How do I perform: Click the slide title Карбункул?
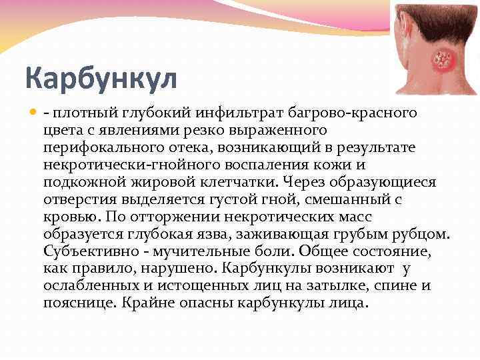pos(101,78)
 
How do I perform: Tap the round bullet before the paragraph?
pos(31,109)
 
